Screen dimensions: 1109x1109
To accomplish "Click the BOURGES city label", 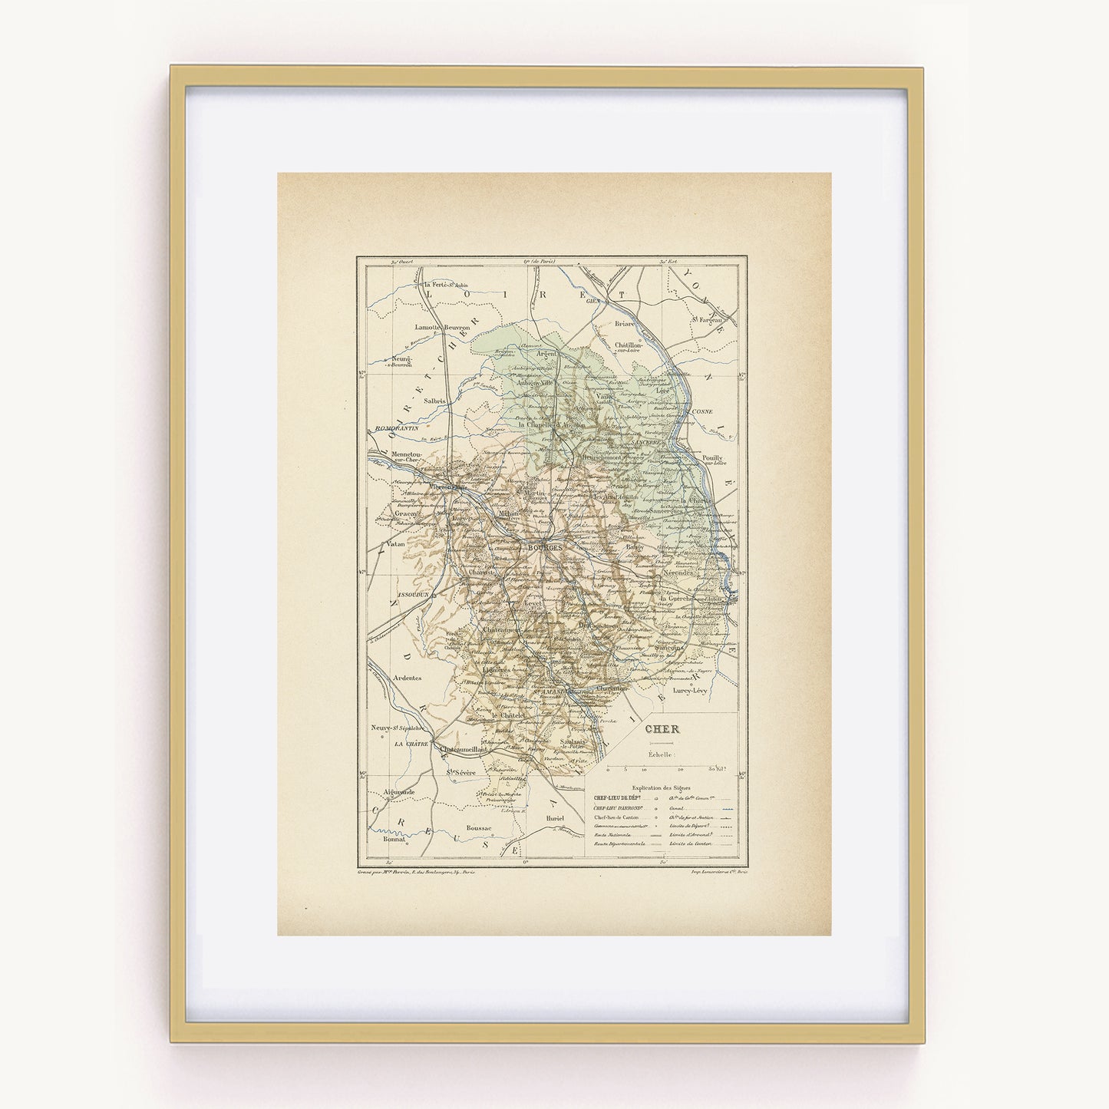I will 545,548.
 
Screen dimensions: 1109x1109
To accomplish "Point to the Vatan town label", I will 395,544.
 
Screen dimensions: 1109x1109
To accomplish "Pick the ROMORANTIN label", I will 397,427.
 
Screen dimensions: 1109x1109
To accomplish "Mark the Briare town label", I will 625,324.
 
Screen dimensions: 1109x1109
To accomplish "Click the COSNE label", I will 712,411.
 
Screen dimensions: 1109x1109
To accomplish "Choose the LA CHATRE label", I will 411,744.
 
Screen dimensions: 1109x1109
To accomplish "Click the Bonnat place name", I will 393,840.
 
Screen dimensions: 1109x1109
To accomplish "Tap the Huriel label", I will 555,819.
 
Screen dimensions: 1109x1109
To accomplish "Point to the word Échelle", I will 662,754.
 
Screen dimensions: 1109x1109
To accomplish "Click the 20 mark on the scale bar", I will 681,767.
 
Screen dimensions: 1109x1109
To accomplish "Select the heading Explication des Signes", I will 661,787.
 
